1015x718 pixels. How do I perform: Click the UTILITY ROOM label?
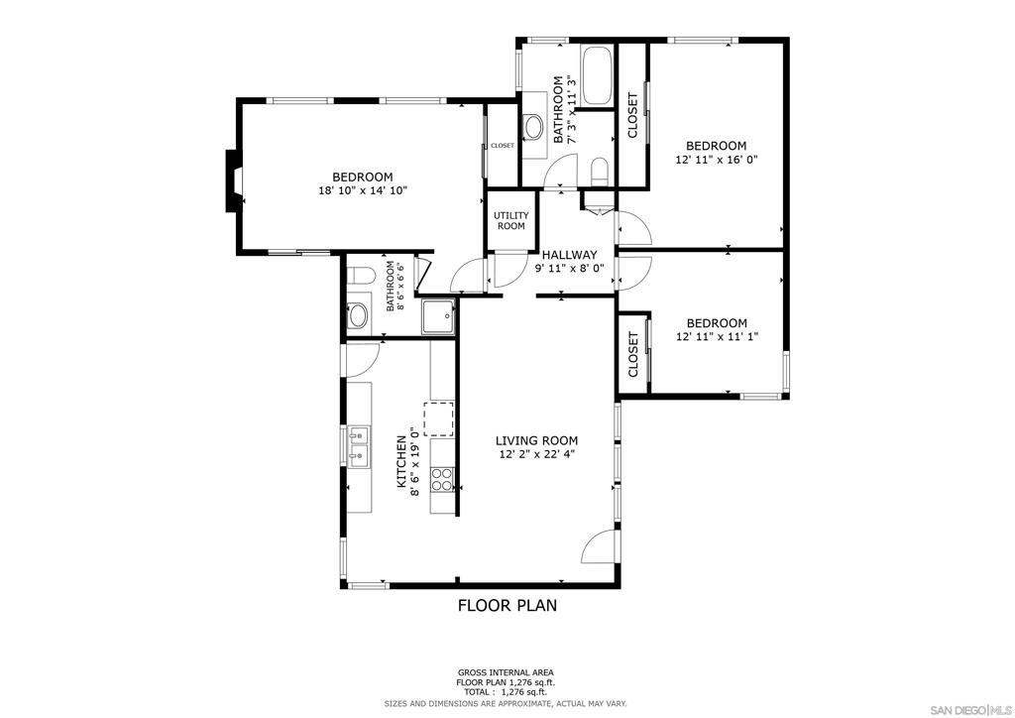(x=511, y=221)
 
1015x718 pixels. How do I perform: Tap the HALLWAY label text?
(x=570, y=255)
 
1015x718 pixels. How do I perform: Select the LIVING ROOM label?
(x=537, y=441)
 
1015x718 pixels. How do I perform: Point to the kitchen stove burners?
(x=442, y=480)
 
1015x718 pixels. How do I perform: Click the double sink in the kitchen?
(x=358, y=446)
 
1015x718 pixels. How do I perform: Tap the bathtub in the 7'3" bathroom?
(x=596, y=76)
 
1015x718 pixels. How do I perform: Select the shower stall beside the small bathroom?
(x=439, y=316)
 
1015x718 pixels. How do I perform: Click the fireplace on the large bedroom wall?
(x=233, y=180)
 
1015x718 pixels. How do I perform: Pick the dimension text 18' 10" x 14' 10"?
(x=363, y=190)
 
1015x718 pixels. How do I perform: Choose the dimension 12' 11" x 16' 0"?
(x=717, y=160)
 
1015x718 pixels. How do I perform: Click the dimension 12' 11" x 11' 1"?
(x=717, y=336)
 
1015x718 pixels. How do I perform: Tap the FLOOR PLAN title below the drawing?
(x=507, y=605)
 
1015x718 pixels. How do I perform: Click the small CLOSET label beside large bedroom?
(x=503, y=146)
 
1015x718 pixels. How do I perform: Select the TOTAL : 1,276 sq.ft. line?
(x=506, y=692)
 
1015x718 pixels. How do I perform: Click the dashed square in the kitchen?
(x=439, y=419)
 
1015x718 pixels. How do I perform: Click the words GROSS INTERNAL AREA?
(x=506, y=672)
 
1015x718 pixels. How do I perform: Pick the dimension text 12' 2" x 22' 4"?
(x=537, y=454)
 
